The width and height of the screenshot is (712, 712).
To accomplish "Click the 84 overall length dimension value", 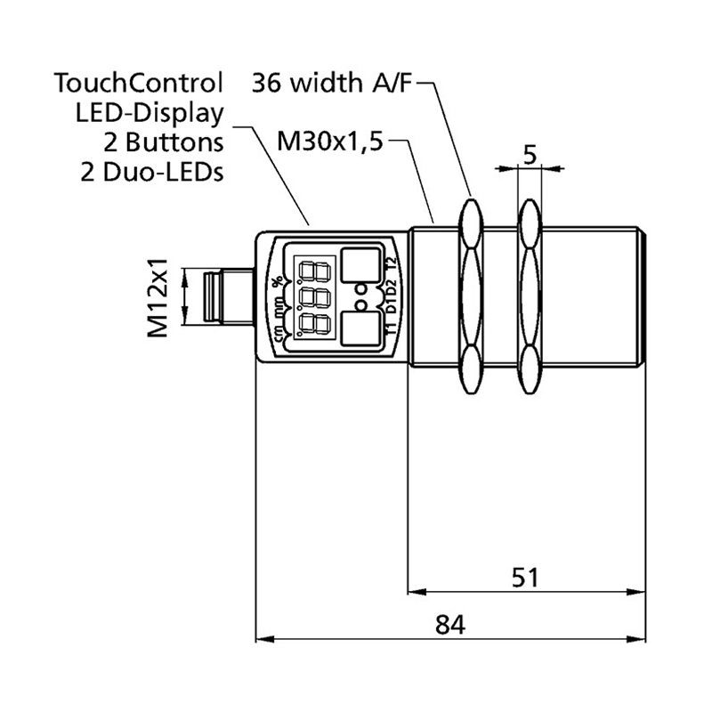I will (x=450, y=624).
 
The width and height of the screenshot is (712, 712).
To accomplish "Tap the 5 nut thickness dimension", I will (x=530, y=155).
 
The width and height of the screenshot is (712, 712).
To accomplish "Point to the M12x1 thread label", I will (x=158, y=297).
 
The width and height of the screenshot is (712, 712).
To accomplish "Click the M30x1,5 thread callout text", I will (x=329, y=141).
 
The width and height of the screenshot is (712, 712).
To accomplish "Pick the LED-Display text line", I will (x=150, y=113).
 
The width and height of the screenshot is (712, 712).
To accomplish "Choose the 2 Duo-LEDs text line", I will (x=151, y=171).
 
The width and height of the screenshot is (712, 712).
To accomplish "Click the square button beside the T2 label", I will (x=360, y=264).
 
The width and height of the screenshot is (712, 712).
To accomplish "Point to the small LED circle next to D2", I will (x=362, y=289).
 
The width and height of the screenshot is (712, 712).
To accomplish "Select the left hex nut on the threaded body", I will (x=470, y=297).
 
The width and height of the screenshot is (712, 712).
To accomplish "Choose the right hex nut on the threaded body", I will (x=530, y=297).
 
